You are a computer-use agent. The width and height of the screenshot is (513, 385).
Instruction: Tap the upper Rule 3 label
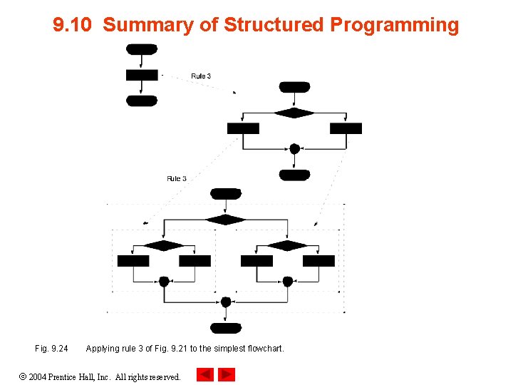(201, 76)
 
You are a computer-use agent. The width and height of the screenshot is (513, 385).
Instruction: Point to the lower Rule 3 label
(177, 178)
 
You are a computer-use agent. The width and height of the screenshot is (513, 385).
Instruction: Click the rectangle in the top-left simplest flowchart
(142, 75)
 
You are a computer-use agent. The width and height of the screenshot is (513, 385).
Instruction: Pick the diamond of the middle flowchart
(294, 113)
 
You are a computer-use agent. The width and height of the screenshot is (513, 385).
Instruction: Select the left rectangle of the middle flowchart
(243, 128)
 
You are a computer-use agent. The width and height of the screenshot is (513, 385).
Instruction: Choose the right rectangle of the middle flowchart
(346, 128)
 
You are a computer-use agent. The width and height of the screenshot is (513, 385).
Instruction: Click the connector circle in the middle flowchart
(294, 149)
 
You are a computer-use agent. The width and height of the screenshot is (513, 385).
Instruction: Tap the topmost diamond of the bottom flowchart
(226, 220)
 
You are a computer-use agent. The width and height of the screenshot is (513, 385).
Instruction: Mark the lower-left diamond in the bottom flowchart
(164, 245)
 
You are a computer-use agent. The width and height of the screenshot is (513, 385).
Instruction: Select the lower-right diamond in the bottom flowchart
(287, 245)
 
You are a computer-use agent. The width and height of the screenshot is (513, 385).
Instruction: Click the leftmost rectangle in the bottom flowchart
(133, 261)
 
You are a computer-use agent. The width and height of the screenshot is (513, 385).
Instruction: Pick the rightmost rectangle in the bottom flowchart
(318, 261)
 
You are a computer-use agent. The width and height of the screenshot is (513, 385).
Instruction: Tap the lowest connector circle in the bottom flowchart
(226, 302)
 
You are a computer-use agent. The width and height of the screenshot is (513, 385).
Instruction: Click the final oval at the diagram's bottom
(226, 328)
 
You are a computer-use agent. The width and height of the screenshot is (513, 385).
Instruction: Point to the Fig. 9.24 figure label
(51, 349)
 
